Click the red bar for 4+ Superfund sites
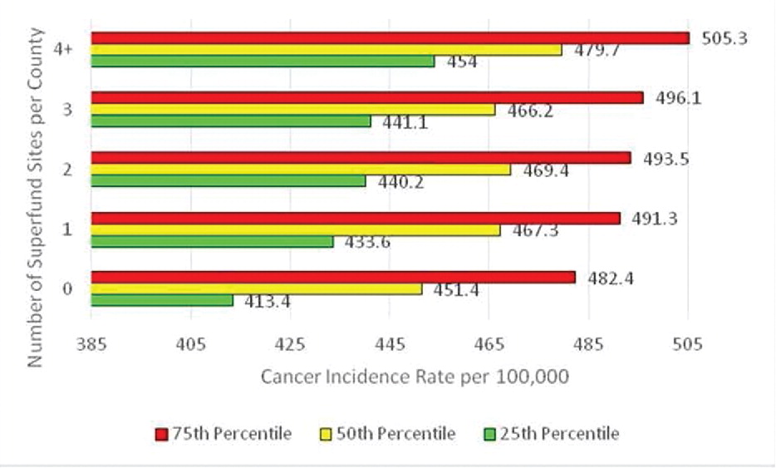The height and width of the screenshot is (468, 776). (390, 37)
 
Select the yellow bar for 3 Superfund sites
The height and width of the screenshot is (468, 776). (292, 110)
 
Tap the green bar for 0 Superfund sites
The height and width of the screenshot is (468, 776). (162, 300)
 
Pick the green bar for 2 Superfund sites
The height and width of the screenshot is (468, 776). (228, 181)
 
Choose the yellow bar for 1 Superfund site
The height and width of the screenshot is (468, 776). (295, 230)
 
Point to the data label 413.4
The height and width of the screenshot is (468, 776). (267, 302)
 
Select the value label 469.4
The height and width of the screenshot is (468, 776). (545, 171)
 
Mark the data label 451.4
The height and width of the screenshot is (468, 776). (457, 289)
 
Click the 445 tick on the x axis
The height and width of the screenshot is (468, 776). (390, 344)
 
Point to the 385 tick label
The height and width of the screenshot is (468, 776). (91, 344)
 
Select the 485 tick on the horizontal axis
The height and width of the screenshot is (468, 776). (588, 344)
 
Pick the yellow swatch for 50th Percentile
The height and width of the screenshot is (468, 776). (326, 434)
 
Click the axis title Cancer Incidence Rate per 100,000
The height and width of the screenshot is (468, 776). (415, 377)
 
